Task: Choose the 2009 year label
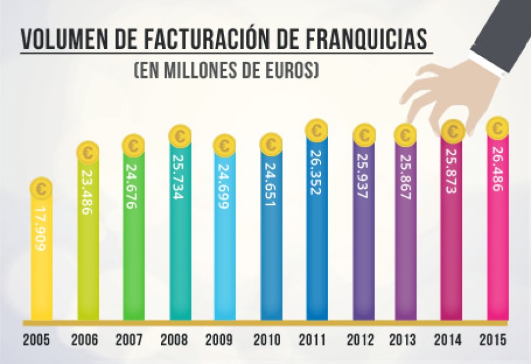(x=219, y=340)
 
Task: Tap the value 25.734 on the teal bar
(x=179, y=177)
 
